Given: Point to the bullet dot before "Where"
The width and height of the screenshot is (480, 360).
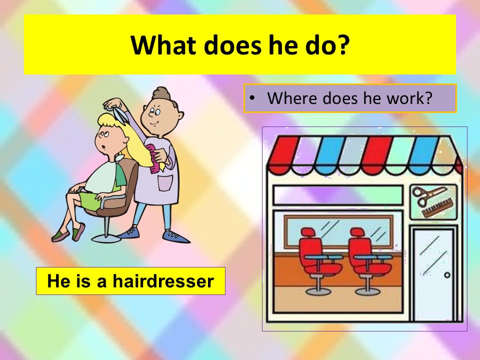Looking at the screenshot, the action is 252,98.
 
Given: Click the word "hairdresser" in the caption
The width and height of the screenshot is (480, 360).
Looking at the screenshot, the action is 163,280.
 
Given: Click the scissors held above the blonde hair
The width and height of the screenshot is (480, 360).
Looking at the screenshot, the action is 119,114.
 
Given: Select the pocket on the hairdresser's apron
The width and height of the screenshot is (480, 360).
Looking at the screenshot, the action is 165,183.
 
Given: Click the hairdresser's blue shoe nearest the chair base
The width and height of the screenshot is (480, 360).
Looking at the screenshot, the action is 129,233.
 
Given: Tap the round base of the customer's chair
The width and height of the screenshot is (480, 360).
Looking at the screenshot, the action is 106,237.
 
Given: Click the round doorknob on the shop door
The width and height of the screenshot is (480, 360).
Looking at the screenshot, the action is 447,275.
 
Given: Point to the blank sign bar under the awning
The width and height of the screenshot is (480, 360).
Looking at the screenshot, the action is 337,195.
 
